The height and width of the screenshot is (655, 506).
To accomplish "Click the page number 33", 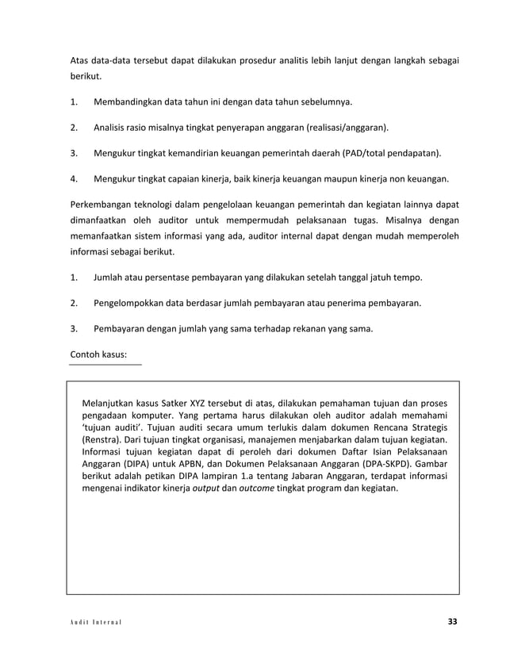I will point(452,620).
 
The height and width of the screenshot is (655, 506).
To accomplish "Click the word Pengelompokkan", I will point(134,302).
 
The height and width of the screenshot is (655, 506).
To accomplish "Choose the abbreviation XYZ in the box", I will point(193,400).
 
